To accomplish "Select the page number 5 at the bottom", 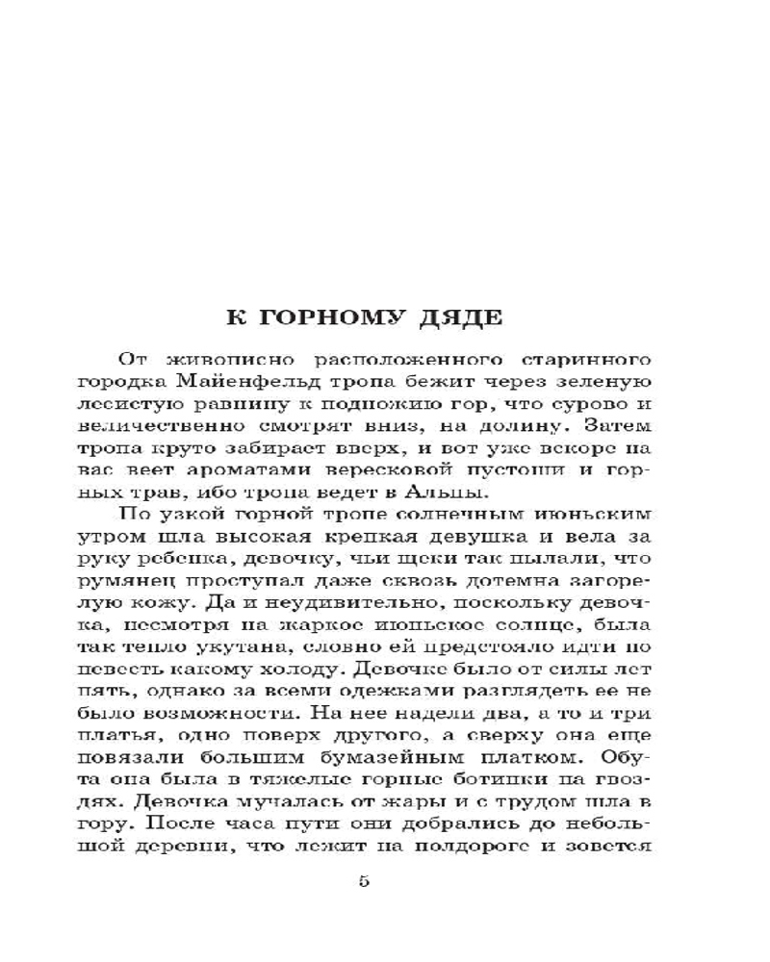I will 364,881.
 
